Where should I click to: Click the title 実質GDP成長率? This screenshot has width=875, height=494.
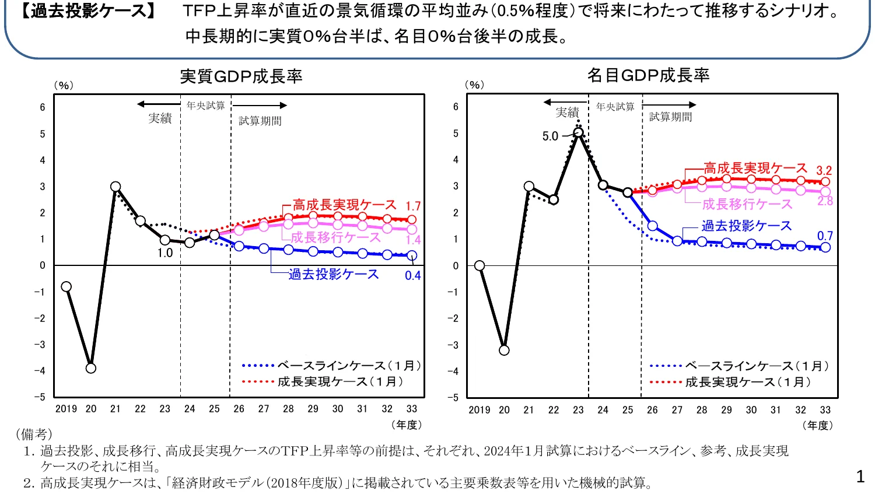coord(241,76)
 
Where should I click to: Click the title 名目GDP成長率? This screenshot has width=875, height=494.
coord(648,75)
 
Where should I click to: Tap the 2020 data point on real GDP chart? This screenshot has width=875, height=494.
coord(90,368)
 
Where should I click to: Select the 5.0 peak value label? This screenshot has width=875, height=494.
coord(550,136)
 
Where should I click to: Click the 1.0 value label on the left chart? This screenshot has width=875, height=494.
coord(165,253)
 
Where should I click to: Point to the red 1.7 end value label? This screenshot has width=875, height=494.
coord(413,206)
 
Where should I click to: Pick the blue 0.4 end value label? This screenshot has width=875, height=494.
coord(413,276)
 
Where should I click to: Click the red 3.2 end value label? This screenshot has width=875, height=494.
coord(824,171)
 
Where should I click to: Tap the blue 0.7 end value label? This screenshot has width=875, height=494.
coord(825,236)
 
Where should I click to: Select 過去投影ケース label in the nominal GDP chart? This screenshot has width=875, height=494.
coord(746,226)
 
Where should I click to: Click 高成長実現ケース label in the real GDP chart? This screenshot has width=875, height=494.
coord(344,205)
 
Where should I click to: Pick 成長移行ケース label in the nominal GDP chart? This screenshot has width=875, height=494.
coord(747,204)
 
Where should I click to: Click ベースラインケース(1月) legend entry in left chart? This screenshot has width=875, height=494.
coord(331,366)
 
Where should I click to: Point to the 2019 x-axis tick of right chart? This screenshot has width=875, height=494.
coord(480,410)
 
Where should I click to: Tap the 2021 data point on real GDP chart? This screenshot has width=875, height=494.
coord(116,187)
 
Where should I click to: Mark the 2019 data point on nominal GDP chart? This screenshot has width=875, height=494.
coord(480,265)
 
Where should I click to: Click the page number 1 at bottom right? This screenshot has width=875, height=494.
coord(860,477)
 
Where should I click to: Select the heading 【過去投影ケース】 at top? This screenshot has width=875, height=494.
coord(87,11)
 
